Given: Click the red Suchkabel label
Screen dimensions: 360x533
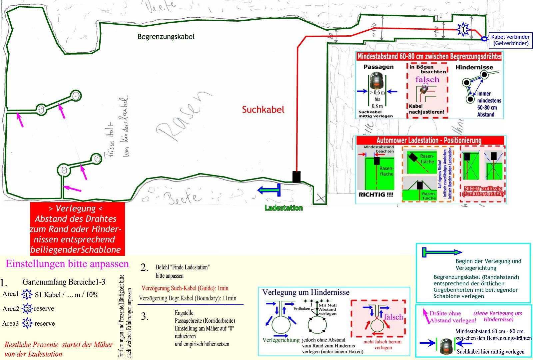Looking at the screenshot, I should pyautogui.click(x=263, y=110).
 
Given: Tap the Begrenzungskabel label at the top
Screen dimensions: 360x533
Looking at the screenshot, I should pyautogui.click(x=166, y=37).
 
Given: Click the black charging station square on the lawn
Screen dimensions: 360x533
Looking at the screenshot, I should pyautogui.click(x=296, y=177).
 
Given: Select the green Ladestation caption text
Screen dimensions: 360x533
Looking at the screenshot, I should pyautogui.click(x=283, y=208).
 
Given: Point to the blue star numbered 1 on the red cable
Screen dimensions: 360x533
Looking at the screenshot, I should pyautogui.click(x=463, y=30).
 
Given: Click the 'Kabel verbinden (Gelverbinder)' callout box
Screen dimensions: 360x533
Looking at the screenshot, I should pyautogui.click(x=511, y=40).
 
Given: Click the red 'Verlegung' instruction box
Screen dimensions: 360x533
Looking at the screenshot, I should pyautogui.click(x=77, y=229).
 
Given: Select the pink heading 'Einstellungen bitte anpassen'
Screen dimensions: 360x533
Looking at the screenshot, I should pyautogui.click(x=67, y=264).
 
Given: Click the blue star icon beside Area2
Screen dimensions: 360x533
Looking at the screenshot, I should pyautogui.click(x=27, y=309).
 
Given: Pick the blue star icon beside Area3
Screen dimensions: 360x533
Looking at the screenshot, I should pyautogui.click(x=27, y=323).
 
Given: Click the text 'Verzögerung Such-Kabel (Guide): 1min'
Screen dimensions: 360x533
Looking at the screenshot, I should pyautogui.click(x=185, y=288).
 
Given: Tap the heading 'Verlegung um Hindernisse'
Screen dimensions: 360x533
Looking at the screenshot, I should pyautogui.click(x=306, y=292).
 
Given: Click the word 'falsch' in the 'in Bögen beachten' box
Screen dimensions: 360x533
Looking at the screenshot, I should pyautogui.click(x=427, y=80).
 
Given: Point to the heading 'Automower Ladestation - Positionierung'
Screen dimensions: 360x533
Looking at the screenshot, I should pyautogui.click(x=429, y=140).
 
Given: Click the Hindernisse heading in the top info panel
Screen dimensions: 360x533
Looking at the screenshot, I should pyautogui.click(x=474, y=67).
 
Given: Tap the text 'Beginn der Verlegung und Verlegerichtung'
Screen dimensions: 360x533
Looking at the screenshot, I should pyautogui.click(x=488, y=264).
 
